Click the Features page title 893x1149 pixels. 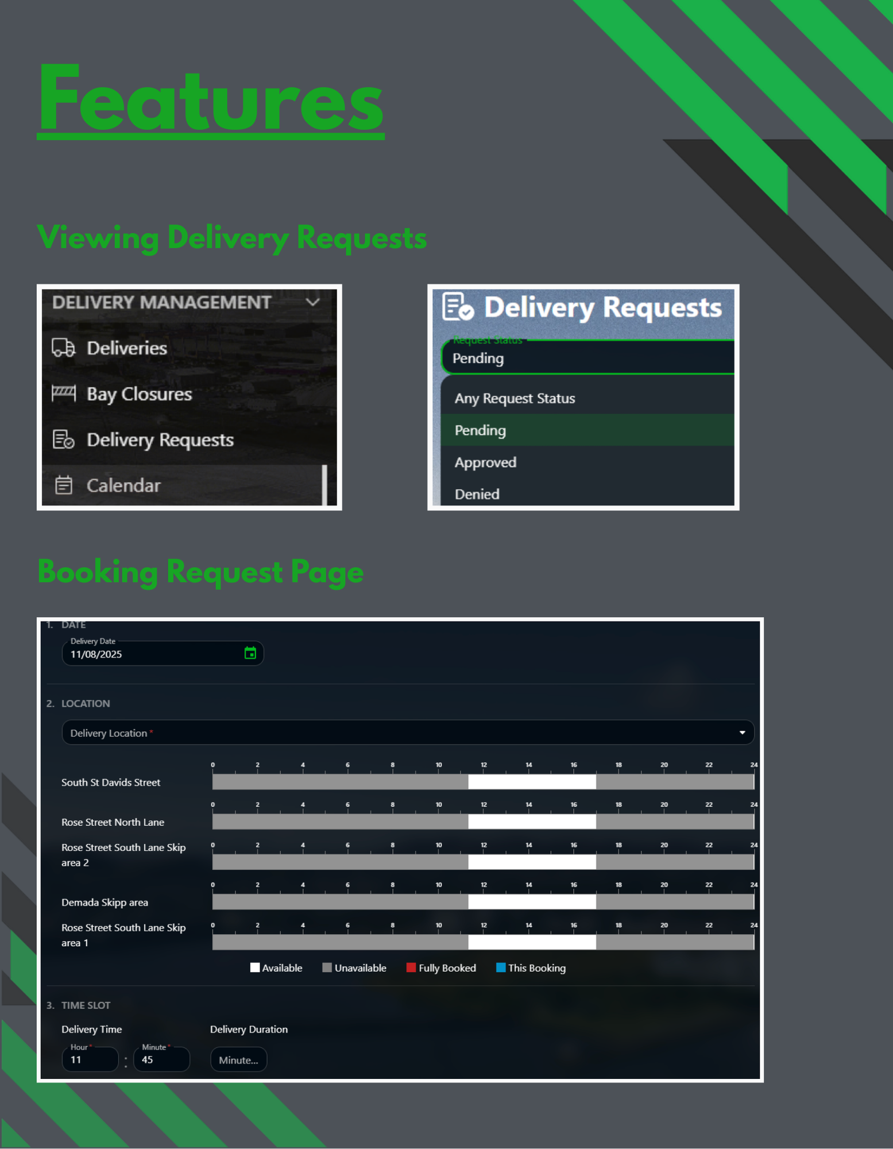tap(210, 99)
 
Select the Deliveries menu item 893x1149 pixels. tap(126, 348)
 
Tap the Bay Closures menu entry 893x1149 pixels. tap(139, 394)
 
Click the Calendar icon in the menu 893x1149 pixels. tap(64, 485)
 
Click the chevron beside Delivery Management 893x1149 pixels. tap(312, 302)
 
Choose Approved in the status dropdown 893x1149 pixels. tap(485, 462)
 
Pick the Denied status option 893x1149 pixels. tap(477, 494)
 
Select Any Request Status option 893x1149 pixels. tap(515, 398)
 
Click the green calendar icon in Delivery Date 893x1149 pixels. tap(250, 653)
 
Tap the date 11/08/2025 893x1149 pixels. tap(96, 654)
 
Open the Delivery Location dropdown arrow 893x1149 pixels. tap(742, 732)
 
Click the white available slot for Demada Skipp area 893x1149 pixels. tap(532, 902)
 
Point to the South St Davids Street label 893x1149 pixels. tap(111, 782)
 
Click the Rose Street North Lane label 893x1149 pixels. tap(113, 822)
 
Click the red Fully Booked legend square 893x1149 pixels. tap(411, 967)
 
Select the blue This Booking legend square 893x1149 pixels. tap(500, 967)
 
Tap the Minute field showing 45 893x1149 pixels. tap(161, 1060)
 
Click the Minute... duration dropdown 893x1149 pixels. tap(238, 1060)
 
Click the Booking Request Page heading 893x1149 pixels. tap(200, 572)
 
